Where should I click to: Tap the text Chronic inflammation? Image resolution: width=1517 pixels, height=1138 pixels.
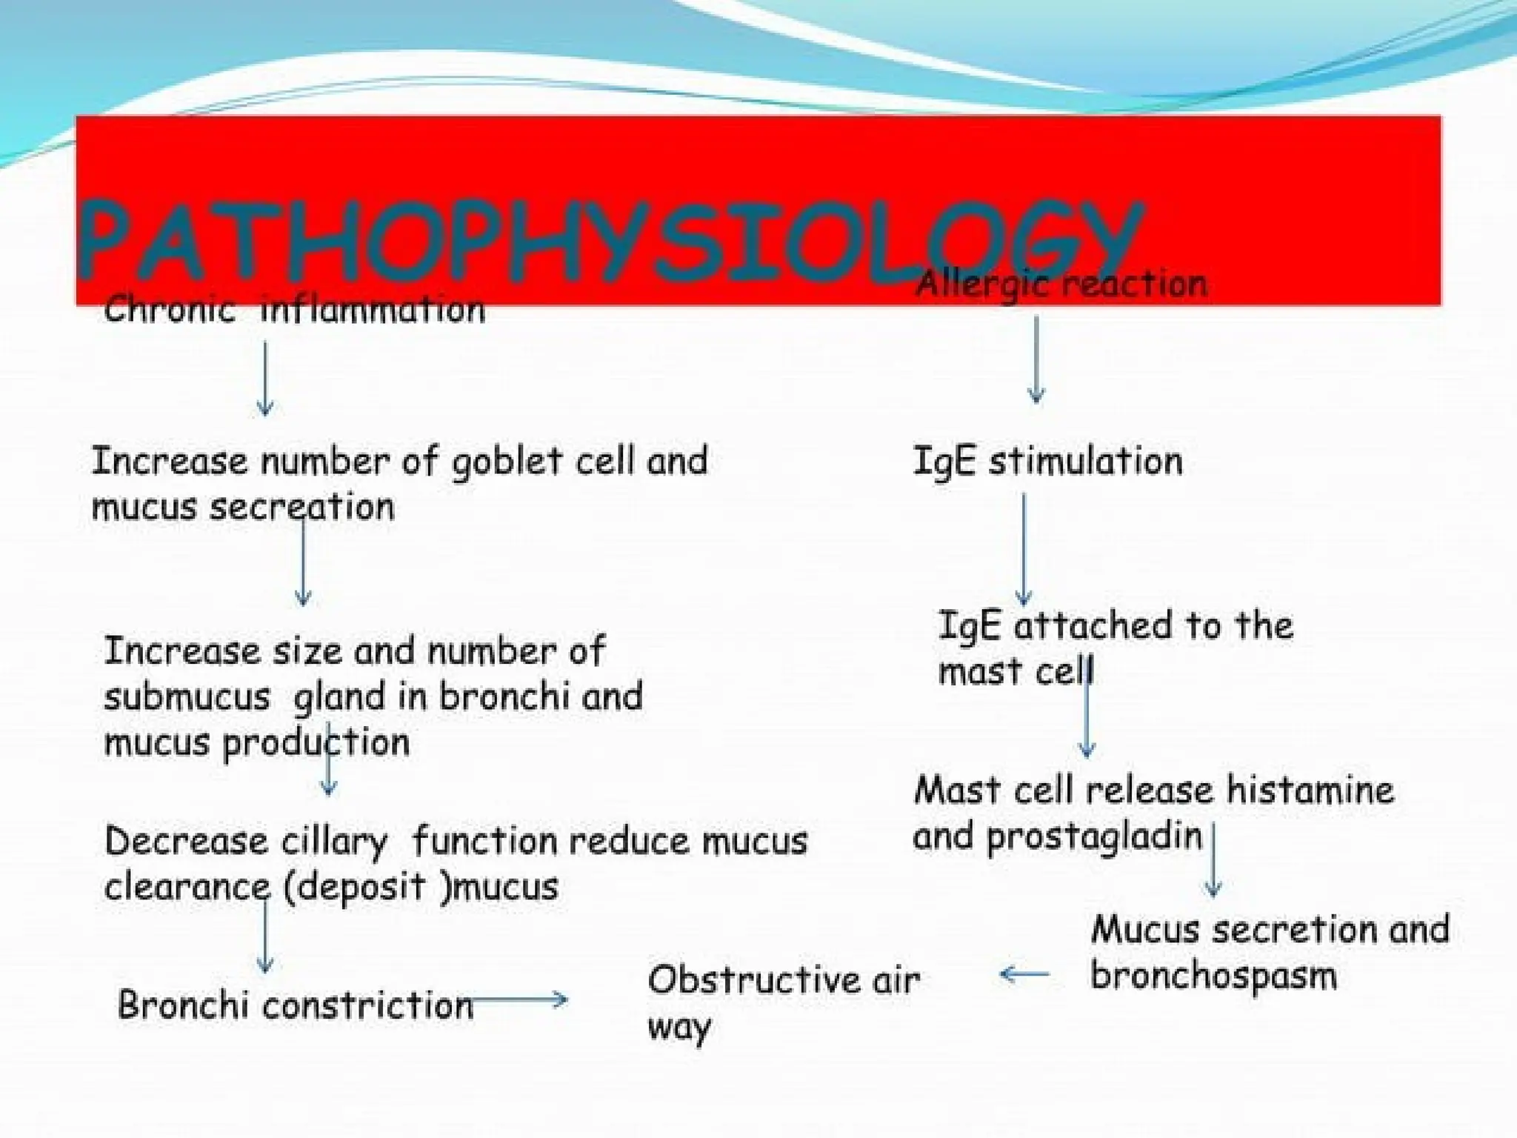point(294,309)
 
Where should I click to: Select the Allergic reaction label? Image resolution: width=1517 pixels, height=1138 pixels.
point(1061,284)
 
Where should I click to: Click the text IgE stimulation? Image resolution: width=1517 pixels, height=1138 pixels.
point(1047,462)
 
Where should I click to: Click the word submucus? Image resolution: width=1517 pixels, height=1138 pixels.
point(187,697)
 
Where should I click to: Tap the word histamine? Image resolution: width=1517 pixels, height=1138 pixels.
point(1310,790)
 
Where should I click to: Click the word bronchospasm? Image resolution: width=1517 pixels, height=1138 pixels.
point(1213,976)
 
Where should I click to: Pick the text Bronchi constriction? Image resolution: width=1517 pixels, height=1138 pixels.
point(295,1005)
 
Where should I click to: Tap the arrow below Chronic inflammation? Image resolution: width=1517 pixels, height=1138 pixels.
point(265,378)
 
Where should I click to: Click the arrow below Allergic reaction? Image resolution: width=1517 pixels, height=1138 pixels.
point(1036,359)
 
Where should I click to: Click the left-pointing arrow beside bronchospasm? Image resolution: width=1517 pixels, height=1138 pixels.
point(1024,974)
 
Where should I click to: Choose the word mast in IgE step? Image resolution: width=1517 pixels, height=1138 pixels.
point(970,672)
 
